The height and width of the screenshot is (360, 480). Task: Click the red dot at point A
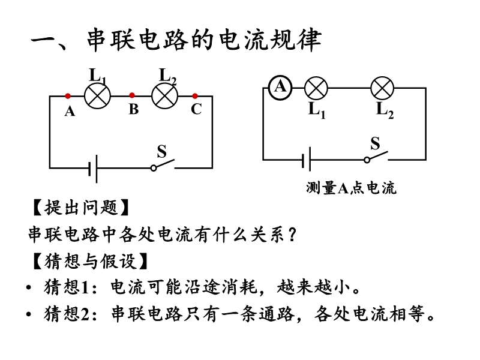point(68,96)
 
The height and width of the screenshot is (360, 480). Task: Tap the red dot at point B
point(132,95)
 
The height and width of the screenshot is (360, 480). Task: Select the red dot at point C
point(195,96)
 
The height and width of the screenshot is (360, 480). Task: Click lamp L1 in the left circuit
point(97,96)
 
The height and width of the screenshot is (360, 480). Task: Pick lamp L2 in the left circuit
point(164,96)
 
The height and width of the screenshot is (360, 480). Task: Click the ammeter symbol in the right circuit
point(280,88)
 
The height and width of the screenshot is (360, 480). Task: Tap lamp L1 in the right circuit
point(316,88)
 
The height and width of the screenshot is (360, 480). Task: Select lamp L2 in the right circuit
point(382,88)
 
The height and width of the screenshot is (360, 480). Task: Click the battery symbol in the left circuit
point(93,169)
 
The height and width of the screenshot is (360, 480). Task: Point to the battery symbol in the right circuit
point(307,160)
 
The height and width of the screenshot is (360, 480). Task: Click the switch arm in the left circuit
point(164,164)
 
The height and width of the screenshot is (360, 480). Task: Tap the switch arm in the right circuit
point(377,156)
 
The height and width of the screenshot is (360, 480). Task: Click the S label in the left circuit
point(161,151)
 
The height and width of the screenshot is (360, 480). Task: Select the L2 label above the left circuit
point(168,76)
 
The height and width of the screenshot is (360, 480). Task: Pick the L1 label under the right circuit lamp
point(317,110)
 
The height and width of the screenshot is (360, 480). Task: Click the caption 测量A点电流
point(351,188)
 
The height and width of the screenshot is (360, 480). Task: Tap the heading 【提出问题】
point(81,208)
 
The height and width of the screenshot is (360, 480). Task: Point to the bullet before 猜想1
point(29,288)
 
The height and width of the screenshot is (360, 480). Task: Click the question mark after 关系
point(292,235)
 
